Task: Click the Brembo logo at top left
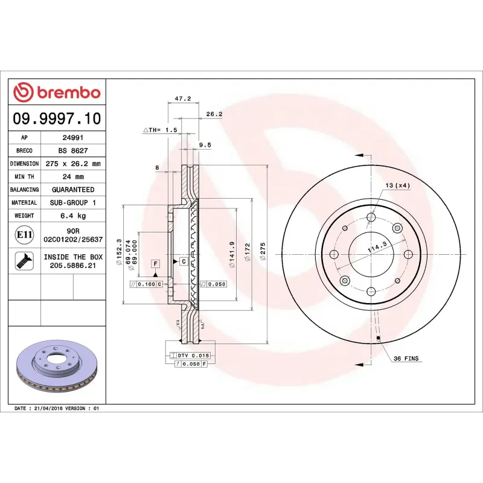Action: click(x=57, y=92)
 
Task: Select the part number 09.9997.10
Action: click(x=57, y=118)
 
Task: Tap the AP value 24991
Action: click(x=73, y=138)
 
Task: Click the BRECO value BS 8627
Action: click(x=73, y=151)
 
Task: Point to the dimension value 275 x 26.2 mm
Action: click(x=73, y=164)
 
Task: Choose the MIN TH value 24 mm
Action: click(x=73, y=177)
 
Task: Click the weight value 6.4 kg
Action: click(x=73, y=216)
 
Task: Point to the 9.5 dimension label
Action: click(x=205, y=145)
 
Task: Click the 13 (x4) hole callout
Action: click(x=397, y=185)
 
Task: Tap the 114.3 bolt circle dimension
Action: click(x=377, y=247)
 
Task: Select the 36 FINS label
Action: click(x=406, y=359)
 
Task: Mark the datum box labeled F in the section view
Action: click(x=155, y=264)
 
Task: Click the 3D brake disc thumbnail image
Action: click(x=57, y=366)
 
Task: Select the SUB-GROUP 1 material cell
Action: click(x=73, y=203)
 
